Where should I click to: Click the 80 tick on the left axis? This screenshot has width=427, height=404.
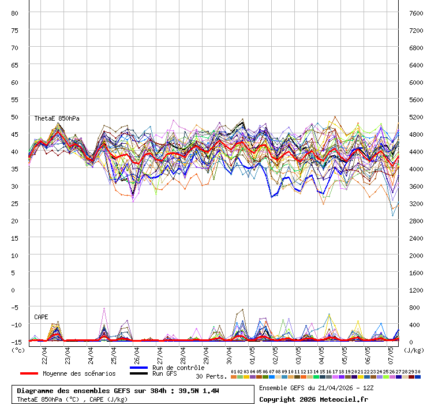click(15, 13)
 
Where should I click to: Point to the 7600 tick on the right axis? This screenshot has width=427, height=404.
click(416, 13)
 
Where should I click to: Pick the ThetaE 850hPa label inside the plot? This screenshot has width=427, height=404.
click(57, 118)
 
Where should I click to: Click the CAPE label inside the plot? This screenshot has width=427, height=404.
click(41, 317)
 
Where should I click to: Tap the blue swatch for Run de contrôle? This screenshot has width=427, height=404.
click(139, 368)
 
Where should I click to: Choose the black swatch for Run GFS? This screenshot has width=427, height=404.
click(139, 373)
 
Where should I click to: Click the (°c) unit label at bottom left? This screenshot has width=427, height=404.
click(18, 349)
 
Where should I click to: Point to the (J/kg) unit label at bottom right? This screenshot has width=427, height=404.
click(413, 349)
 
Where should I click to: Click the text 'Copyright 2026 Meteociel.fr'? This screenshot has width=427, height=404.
click(313, 399)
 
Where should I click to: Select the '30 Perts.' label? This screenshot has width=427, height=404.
click(211, 376)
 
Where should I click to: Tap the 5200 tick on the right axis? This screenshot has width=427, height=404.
click(416, 117)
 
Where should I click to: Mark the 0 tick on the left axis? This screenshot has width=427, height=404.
click(15, 290)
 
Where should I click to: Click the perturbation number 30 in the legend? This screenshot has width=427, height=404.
click(418, 372)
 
